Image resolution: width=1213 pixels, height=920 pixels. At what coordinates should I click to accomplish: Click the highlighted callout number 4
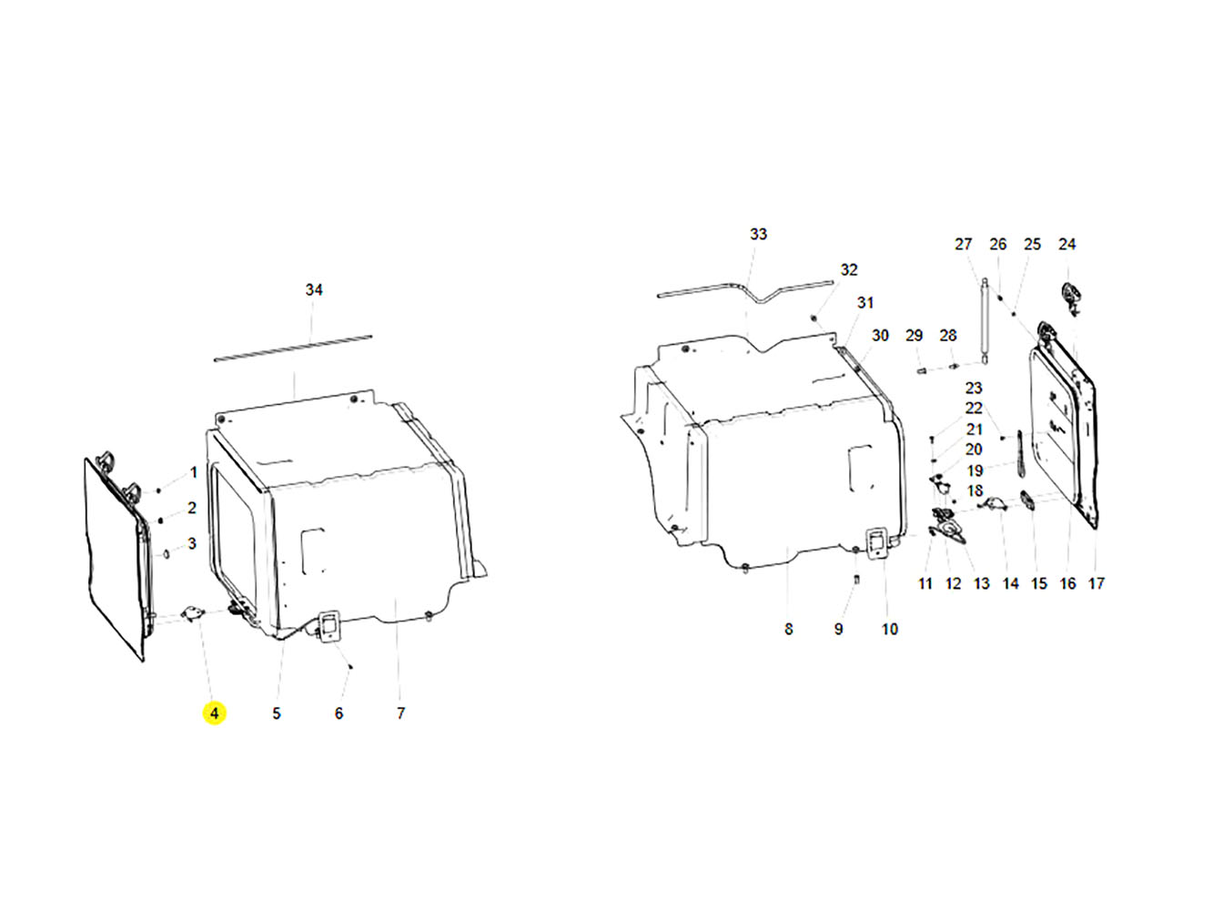[x=214, y=713]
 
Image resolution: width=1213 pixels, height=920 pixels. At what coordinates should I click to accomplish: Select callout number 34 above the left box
[x=314, y=289]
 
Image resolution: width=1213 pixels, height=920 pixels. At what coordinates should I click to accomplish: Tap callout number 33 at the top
[x=758, y=234]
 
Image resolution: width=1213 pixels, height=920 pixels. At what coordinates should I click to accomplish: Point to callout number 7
[x=400, y=713]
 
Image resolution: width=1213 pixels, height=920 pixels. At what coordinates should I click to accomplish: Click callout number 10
[x=890, y=629]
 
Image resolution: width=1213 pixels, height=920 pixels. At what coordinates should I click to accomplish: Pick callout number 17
[x=1096, y=583]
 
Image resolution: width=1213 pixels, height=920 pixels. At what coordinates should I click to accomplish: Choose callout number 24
[x=1066, y=244]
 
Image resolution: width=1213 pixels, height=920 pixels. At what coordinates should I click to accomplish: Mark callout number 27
[x=964, y=244]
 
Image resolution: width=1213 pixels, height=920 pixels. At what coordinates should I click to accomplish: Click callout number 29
[x=914, y=335]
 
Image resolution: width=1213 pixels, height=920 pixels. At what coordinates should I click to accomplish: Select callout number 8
[x=789, y=629]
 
